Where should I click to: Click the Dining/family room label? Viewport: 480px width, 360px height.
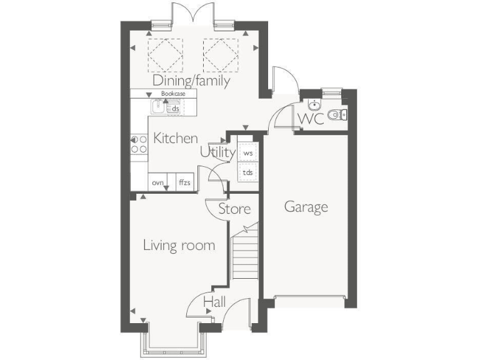pos(192,81)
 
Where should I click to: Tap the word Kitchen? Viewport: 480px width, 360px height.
pos(176,139)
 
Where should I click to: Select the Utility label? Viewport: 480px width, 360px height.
pos(217,152)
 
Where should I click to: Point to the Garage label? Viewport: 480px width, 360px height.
pos(306,207)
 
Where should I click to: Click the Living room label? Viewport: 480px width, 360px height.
pos(179,245)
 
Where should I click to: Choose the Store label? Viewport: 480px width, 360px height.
pos(234,209)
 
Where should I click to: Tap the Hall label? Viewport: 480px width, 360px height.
pos(214,302)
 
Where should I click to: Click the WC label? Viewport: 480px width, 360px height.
pos(311,119)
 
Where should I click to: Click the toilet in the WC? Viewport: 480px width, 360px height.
pos(339,114)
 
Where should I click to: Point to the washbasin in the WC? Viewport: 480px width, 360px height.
pos(313,104)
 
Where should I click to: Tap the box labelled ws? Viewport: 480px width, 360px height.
pos(247,152)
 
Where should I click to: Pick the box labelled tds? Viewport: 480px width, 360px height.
pos(247,172)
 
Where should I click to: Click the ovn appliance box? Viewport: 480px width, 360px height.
pos(158,182)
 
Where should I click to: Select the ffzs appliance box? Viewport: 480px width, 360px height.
pos(184,182)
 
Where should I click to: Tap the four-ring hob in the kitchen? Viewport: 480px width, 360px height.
pos(138,144)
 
